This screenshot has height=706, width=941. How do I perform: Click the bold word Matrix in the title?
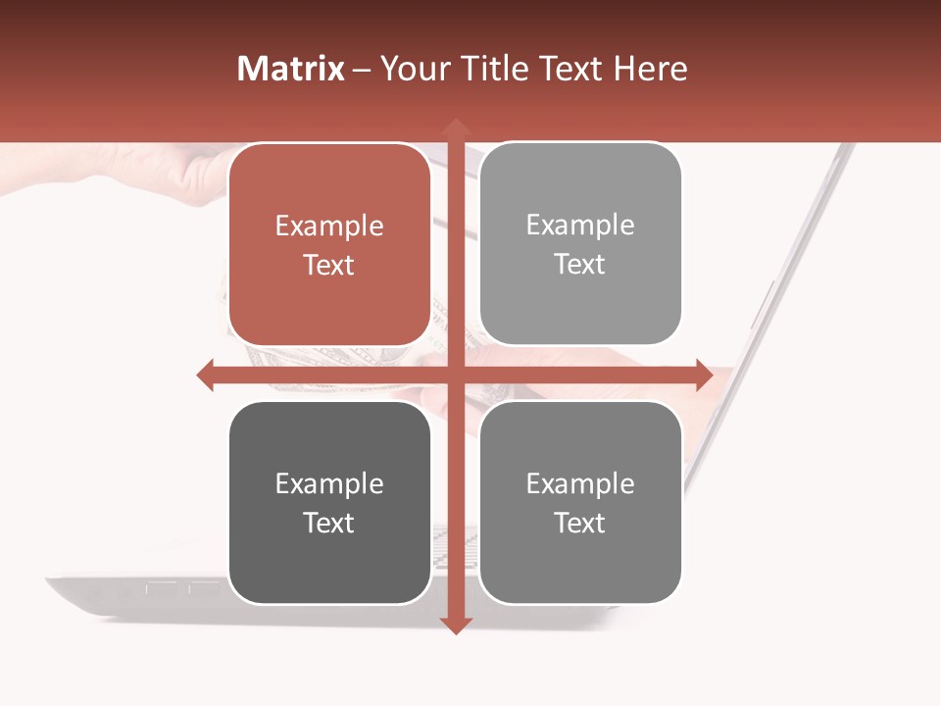pyautogui.click(x=291, y=69)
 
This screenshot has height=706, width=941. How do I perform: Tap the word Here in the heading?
pyautogui.click(x=651, y=69)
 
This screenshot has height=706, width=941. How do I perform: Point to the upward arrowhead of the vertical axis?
pyautogui.click(x=454, y=126)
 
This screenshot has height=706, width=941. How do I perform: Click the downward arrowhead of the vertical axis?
pyautogui.click(x=454, y=625)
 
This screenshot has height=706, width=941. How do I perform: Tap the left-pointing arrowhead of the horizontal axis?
pyautogui.click(x=206, y=375)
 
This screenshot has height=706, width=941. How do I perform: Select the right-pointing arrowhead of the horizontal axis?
pyautogui.click(x=703, y=375)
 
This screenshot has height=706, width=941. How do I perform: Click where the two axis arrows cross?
pyautogui.click(x=454, y=375)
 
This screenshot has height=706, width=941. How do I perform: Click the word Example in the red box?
pyautogui.click(x=329, y=227)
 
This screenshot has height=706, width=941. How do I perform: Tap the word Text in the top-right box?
pyautogui.click(x=580, y=265)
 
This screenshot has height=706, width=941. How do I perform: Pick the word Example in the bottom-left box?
pyautogui.click(x=329, y=484)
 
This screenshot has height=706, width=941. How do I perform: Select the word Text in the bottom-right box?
pyautogui.click(x=580, y=524)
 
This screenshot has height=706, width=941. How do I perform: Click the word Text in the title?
pyautogui.click(x=570, y=69)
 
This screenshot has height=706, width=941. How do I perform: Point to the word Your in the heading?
pyautogui.click(x=413, y=69)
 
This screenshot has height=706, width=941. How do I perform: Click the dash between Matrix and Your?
pyautogui.click(x=362, y=70)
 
